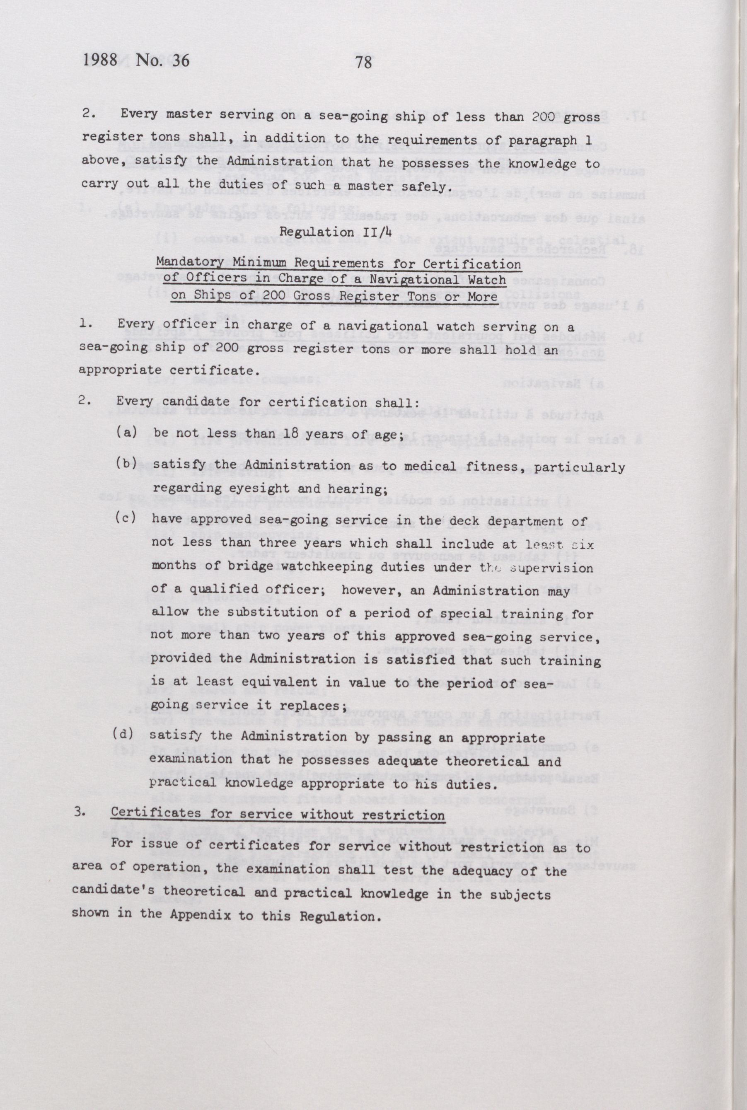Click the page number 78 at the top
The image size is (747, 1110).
pyautogui.click(x=363, y=62)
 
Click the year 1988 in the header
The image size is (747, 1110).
pyautogui.click(x=100, y=60)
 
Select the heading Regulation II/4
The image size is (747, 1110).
pyautogui.click(x=336, y=232)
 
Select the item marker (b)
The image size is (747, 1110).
pyautogui.click(x=127, y=464)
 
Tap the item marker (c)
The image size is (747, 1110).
pyautogui.click(x=126, y=518)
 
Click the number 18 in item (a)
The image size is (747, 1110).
pyautogui.click(x=293, y=434)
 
